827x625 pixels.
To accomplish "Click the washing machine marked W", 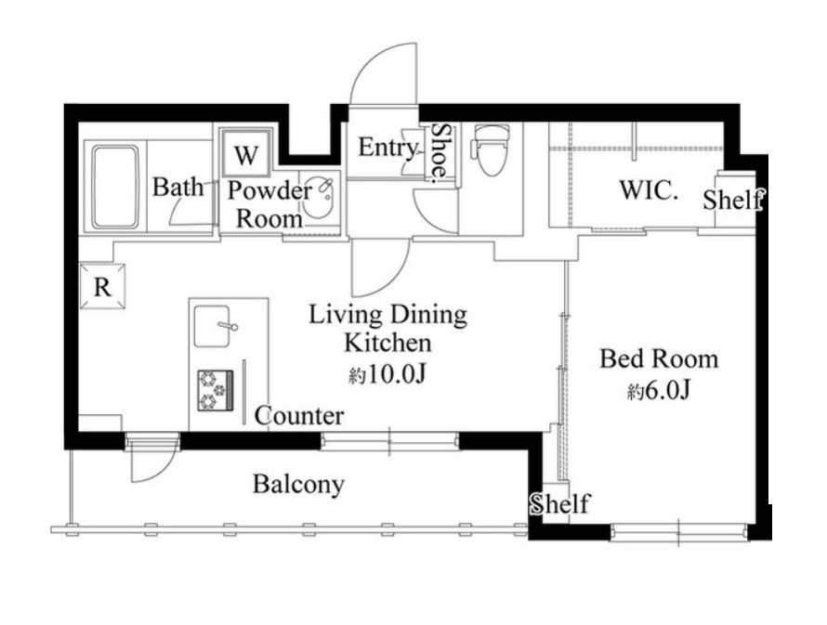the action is point(246,153).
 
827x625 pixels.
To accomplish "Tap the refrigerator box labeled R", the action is point(102,286).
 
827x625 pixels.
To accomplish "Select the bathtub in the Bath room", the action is point(115,188).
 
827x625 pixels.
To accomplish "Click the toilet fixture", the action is point(491,150).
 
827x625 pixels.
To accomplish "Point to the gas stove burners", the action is point(216,390).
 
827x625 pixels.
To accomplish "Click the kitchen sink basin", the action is point(212,326).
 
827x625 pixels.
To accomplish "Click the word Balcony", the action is point(298,484).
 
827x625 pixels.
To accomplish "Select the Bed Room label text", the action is point(659,359).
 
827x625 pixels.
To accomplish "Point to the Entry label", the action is point(388,148).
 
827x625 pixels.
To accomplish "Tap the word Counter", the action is point(299,416).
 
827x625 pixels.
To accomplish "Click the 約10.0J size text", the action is point(387,374).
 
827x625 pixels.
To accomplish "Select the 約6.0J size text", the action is point(659,391).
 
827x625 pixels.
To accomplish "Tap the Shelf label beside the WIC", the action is point(733,200).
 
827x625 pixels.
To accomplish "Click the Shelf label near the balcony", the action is point(559,503).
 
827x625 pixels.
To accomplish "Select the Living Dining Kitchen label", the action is point(387,329).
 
